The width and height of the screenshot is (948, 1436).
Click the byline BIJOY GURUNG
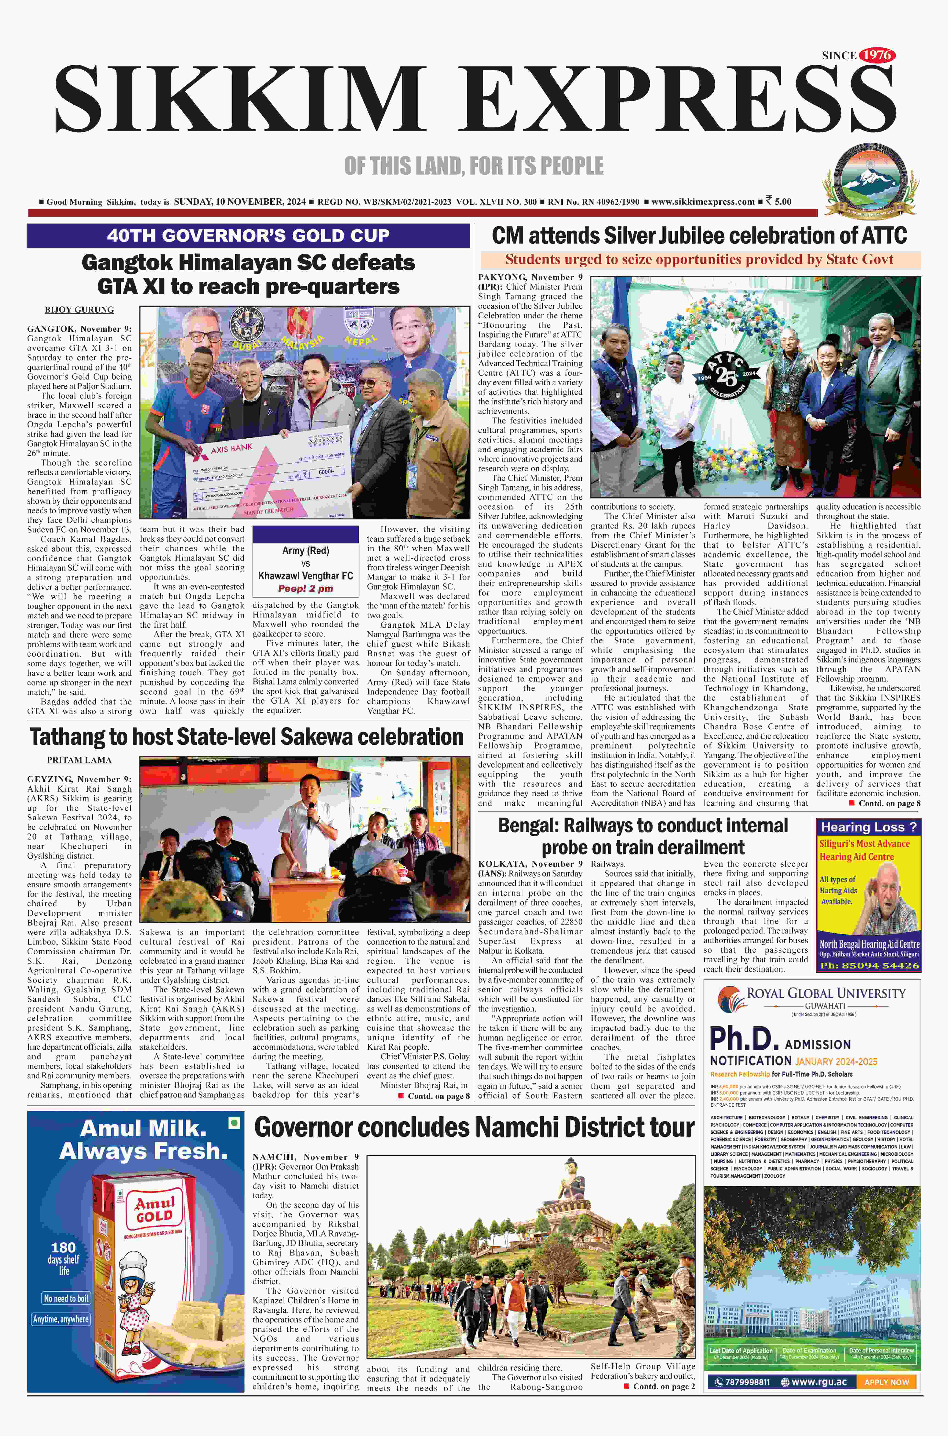79,310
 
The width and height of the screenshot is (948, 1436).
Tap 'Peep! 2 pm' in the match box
305,588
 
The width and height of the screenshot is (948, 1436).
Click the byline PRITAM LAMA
79,760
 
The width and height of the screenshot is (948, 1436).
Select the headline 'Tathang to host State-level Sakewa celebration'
247,737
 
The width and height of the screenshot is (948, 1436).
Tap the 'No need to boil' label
66,1298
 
